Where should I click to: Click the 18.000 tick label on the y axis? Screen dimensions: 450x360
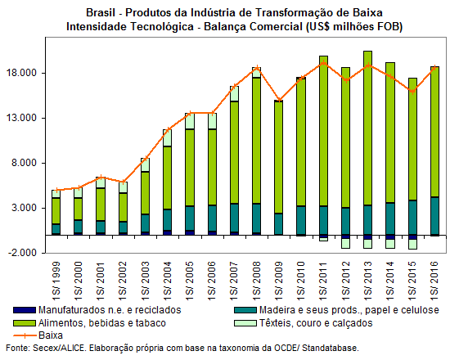pos(21,73)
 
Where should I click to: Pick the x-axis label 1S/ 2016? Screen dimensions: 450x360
pos(434,279)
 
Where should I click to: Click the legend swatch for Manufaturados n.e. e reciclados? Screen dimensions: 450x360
pos(25,310)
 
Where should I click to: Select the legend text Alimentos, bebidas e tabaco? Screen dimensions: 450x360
pos(102,323)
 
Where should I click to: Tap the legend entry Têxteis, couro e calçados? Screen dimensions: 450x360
pos(316,323)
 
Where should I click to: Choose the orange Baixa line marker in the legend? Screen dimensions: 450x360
pos(25,335)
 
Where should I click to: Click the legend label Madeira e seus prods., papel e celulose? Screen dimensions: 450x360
pos(349,310)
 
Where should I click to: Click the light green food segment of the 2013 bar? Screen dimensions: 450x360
pos(367,128)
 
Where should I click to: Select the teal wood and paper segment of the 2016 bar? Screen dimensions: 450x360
pos(434,216)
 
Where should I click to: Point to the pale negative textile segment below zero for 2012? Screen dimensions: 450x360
pos(345,244)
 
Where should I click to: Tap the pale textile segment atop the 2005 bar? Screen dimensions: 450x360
pos(190,121)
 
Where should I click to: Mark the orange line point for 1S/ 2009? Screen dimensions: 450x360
pos(279,100)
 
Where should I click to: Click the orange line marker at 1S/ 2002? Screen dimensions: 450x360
pos(123,182)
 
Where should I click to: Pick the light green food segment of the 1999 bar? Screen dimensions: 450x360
pos(56,211)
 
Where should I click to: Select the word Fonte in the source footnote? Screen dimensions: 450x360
pos(17,348)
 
